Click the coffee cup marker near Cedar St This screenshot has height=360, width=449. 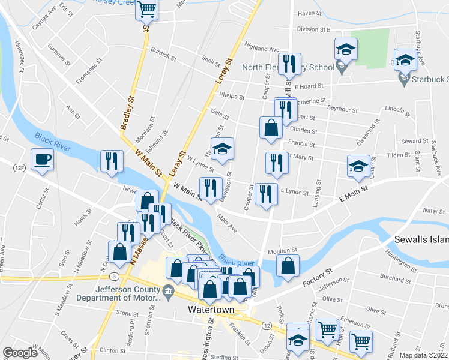tap(42, 160)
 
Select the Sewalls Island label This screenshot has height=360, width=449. tap(421, 239)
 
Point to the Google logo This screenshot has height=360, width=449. tap(20, 353)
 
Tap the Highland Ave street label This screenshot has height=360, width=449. tap(262, 48)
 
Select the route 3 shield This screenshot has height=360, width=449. tap(113, 276)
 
